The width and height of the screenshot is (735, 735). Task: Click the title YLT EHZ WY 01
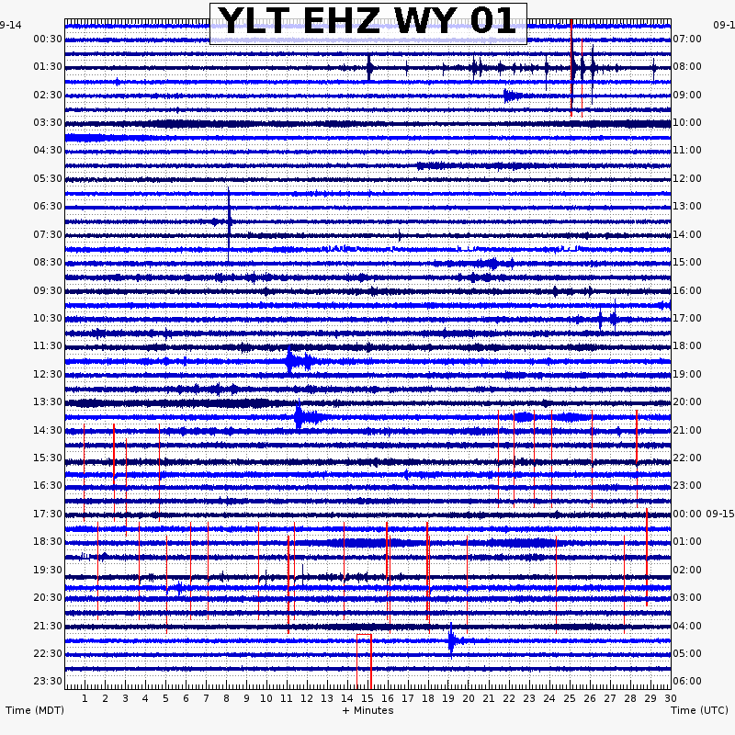pos(367,22)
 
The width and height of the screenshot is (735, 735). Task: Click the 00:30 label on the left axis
pos(48,39)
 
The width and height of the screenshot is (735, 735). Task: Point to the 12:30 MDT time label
pos(48,374)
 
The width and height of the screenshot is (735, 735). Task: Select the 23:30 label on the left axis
pos(48,681)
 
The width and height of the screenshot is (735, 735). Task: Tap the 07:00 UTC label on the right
pos(687,39)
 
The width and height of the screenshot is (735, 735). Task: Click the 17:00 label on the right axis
pos(687,318)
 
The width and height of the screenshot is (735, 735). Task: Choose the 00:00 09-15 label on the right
pos(703,514)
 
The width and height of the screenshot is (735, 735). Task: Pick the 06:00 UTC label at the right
pos(687,681)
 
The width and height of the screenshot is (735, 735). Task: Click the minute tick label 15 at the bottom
pos(367,698)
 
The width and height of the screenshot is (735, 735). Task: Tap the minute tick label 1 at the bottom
pos(85,698)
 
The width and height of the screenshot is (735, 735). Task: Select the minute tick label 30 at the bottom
pos(670,698)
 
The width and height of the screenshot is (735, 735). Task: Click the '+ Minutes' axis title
pos(367,710)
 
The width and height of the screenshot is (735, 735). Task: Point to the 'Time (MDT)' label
pos(35,710)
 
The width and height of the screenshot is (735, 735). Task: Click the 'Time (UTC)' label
pos(700,710)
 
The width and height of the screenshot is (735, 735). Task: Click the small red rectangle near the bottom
pos(364,660)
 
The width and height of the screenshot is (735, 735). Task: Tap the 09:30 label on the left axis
pos(48,290)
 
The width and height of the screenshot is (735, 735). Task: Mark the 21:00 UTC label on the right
pos(687,430)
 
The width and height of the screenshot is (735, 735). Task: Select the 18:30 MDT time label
pos(48,541)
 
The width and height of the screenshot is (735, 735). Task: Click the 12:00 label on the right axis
pos(687,178)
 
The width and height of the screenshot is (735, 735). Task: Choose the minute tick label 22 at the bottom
pos(508,698)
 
